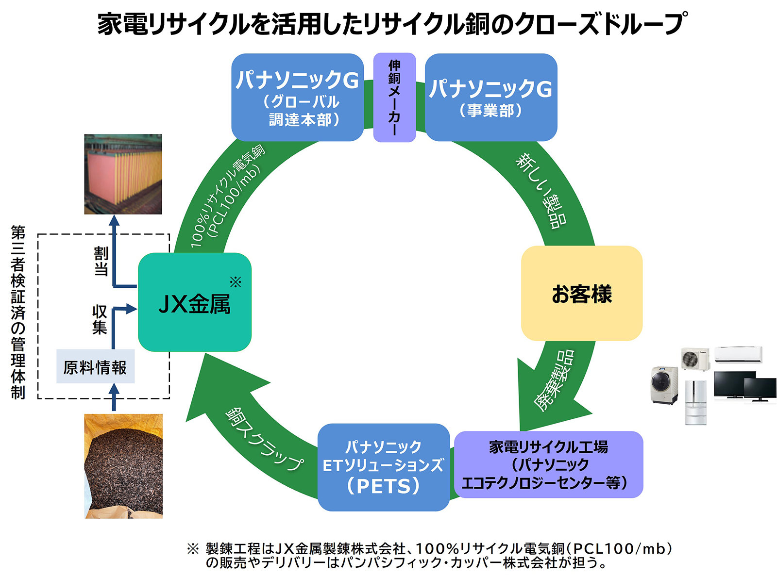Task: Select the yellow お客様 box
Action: coord(581,293)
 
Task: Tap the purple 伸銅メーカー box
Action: coord(394,97)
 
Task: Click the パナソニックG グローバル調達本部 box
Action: coord(297,97)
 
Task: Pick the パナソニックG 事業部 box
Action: coord(490,97)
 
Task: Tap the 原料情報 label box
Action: coord(95,367)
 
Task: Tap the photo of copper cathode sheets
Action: coord(123,174)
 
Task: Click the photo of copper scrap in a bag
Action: coord(123,466)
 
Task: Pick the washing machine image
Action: coord(664,385)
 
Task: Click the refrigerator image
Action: coord(695,402)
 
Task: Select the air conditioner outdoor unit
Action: coord(694,359)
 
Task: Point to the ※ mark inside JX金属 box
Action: coord(236,282)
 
